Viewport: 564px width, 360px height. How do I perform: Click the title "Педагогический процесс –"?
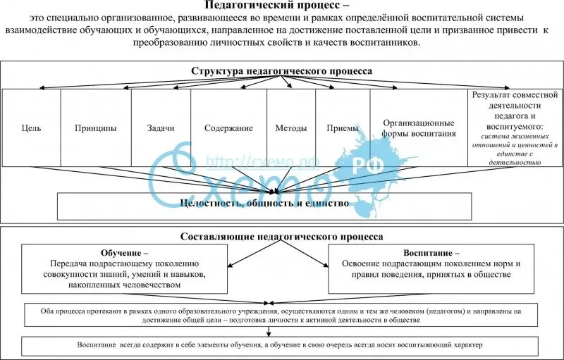tap(281, 6)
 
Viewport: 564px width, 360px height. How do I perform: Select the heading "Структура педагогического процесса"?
tap(282, 71)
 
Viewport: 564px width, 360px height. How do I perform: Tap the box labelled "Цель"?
tap(32, 128)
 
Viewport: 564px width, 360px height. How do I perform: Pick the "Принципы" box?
tap(95, 128)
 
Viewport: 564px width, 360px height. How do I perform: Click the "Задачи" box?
tap(161, 128)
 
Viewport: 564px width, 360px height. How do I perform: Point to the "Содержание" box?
tap(228, 128)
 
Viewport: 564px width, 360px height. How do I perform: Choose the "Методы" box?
tap(291, 128)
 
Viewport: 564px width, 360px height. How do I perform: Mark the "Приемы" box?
tap(343, 128)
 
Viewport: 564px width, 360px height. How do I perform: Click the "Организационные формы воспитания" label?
tap(419, 128)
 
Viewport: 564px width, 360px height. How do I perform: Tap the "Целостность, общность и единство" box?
tap(264, 205)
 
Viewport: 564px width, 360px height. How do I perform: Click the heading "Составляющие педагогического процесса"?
tap(282, 237)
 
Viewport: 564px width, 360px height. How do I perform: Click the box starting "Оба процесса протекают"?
tap(281, 315)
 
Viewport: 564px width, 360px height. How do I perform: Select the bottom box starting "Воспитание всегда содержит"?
tap(281, 345)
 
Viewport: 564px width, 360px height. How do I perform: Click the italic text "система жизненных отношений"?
tap(514, 140)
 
